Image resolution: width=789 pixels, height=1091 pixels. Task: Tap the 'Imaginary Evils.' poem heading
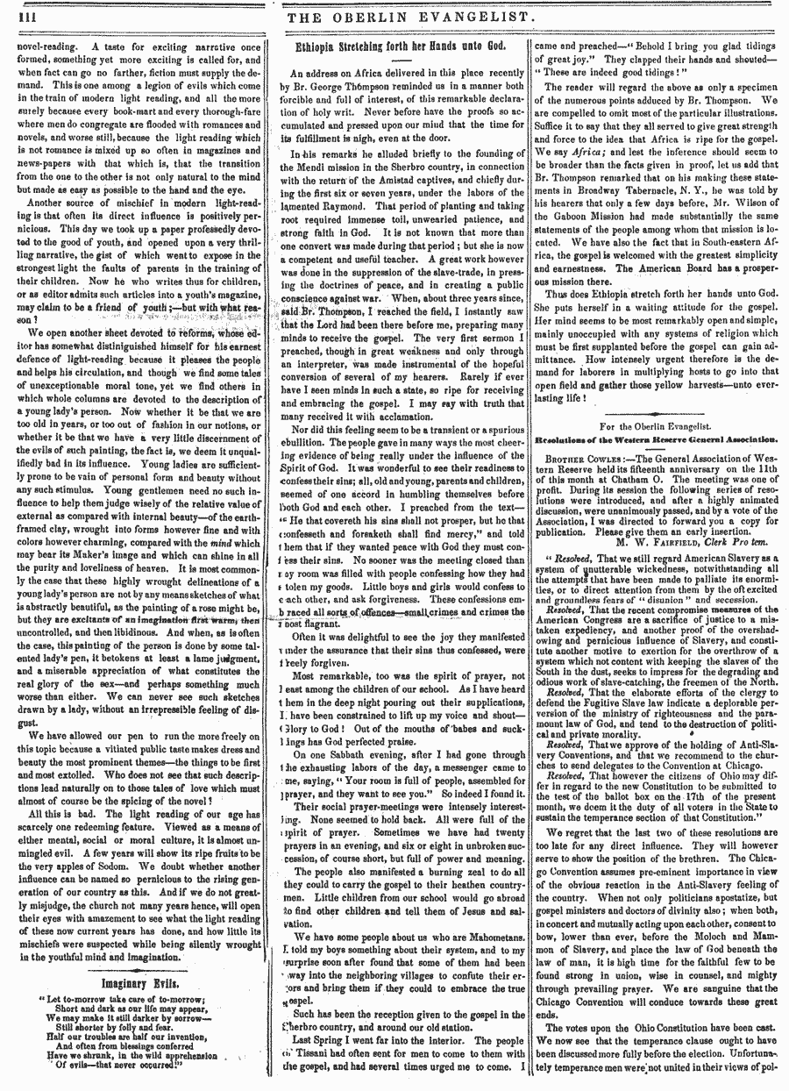[x=137, y=984]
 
